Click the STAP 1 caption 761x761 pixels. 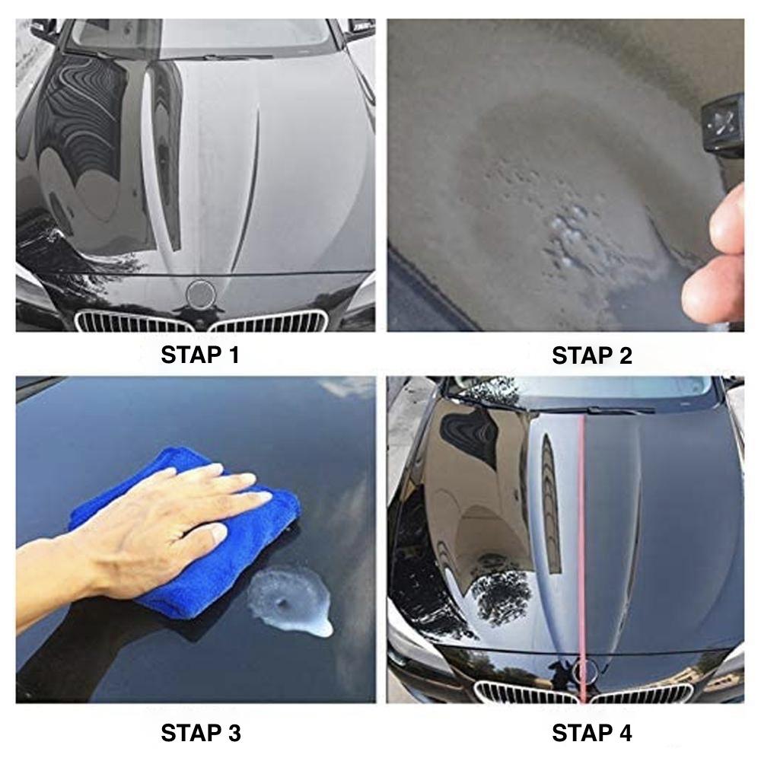[x=200, y=355]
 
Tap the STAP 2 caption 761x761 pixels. [x=591, y=355]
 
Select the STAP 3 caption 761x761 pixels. [x=201, y=733]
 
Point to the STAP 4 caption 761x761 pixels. [x=591, y=733]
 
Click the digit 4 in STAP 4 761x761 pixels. [x=625, y=733]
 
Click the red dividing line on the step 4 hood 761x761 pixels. [x=581, y=533]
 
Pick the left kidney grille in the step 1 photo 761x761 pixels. [x=137, y=320]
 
